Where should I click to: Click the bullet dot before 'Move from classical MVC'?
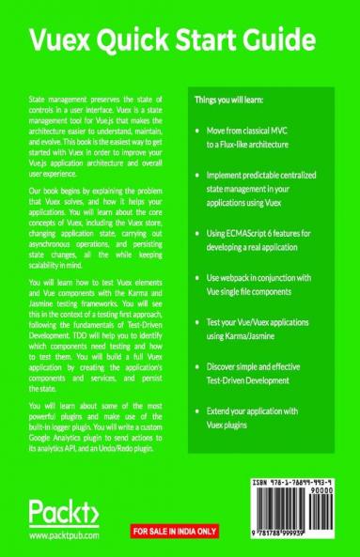coord(196,134)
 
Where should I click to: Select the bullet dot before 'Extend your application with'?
coord(196,412)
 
